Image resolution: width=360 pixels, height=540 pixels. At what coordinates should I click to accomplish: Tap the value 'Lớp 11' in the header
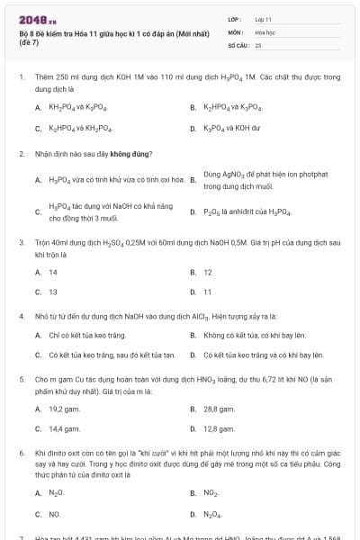[x=264, y=19]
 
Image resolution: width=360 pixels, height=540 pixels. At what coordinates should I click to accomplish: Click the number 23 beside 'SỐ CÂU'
[x=257, y=44]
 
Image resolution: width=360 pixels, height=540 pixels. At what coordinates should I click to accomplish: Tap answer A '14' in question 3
[x=53, y=272]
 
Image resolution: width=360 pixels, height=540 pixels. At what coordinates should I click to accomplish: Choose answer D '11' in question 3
[x=207, y=292]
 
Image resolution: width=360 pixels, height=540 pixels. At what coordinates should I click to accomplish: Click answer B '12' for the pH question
[x=207, y=272]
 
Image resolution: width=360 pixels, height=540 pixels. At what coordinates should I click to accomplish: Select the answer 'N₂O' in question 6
[x=56, y=493]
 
